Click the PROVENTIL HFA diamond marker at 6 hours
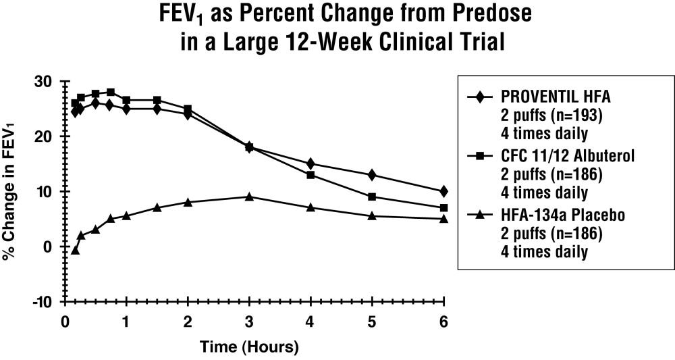point(443,191)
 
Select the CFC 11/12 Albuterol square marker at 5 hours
point(372,197)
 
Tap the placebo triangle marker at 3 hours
point(249,197)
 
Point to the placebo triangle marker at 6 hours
point(443,218)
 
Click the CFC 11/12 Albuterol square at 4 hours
point(310,175)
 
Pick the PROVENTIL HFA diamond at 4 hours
point(310,163)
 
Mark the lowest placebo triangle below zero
point(76,250)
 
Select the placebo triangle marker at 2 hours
point(188,202)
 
